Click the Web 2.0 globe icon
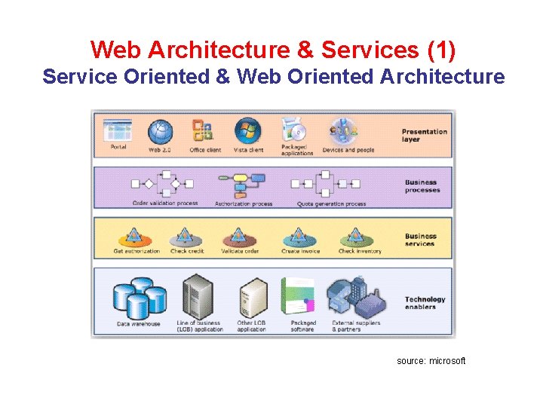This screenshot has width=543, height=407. coord(160,132)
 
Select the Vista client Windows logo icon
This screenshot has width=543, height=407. coord(247,132)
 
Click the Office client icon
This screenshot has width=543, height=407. coord(203,132)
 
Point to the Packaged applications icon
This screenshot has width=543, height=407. coord(294,130)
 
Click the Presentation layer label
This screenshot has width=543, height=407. coord(424,135)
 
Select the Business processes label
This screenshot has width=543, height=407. coord(422,185)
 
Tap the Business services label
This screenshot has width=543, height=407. coord(420,240)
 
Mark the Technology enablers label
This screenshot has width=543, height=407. coord(425,302)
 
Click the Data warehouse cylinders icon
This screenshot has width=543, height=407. coord(138,298)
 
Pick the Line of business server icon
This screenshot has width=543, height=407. coord(199,297)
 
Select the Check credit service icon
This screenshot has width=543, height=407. coord(186,237)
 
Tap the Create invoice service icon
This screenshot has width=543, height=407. coord(299,237)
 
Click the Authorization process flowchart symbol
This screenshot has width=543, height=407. coord(242,184)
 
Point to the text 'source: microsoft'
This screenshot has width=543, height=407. coord(431,361)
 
